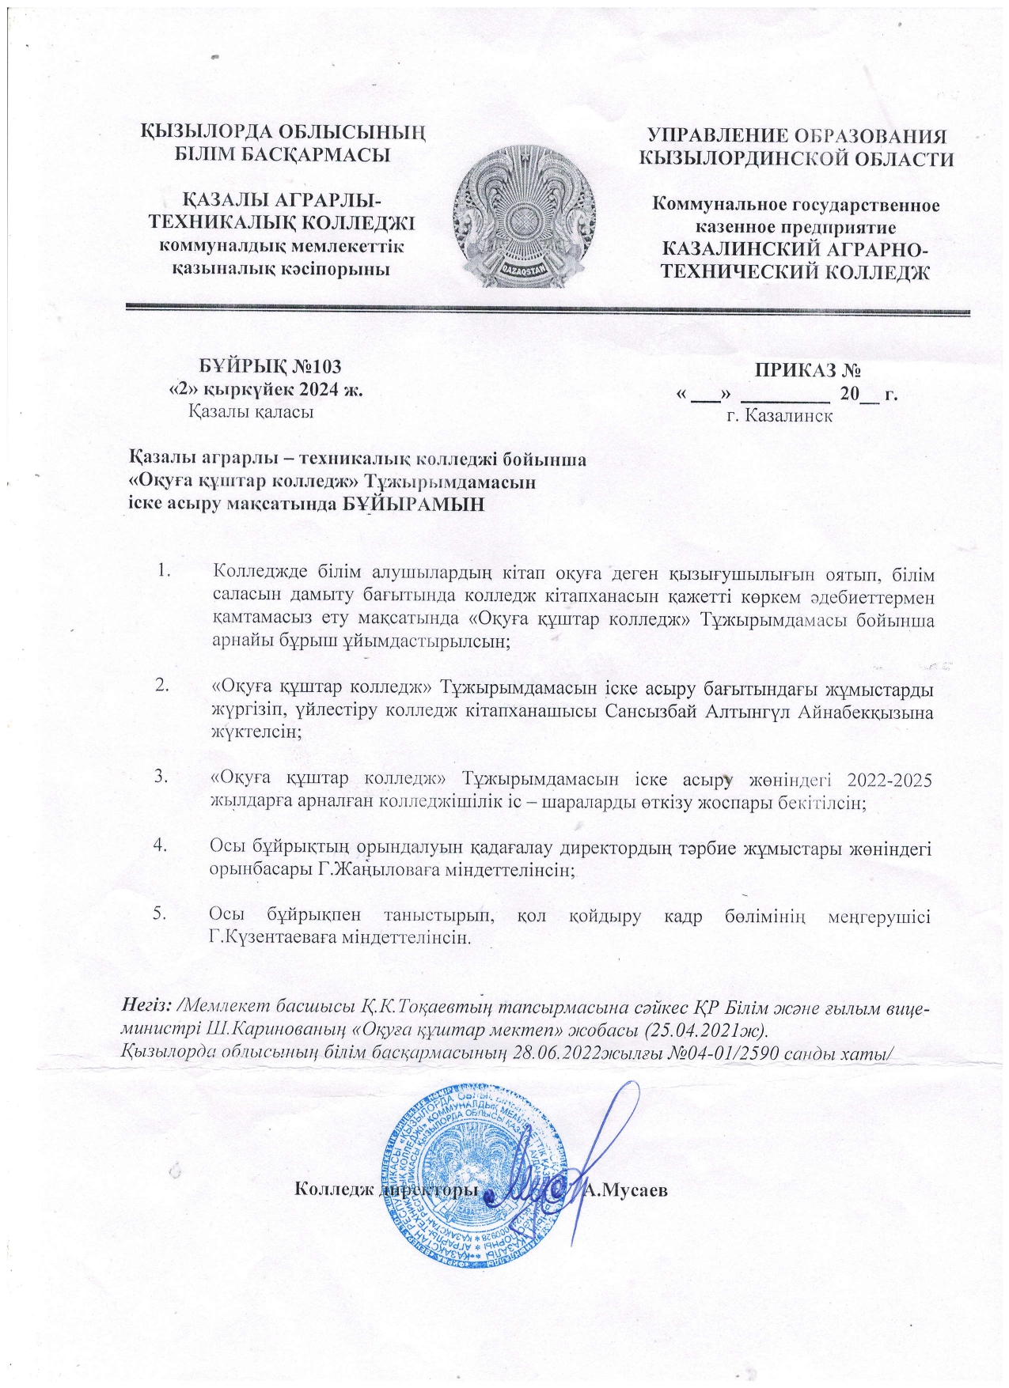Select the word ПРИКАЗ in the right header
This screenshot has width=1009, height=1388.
pyautogui.click(x=792, y=369)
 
